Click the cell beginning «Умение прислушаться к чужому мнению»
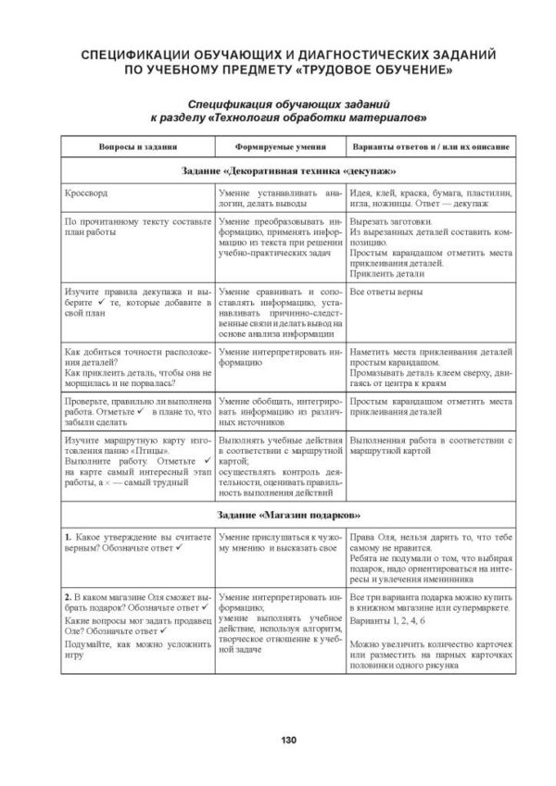pos(280,543)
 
